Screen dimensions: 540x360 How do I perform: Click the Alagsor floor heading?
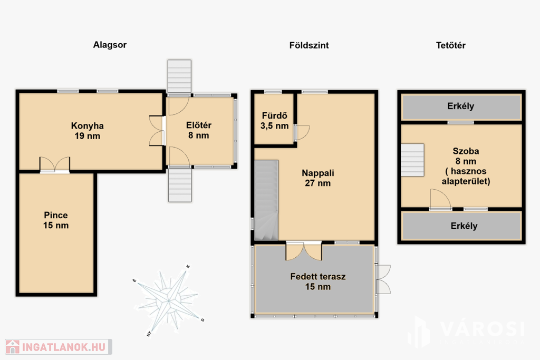[x=110, y=45]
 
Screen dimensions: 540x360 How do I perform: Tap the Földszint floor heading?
[x=309, y=45]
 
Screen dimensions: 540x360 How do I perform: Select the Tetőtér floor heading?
[x=451, y=45]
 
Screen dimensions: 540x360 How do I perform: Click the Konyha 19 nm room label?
[x=88, y=131]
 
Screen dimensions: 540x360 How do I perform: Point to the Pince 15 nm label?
[x=56, y=220]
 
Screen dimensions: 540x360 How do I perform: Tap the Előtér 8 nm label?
[x=199, y=130]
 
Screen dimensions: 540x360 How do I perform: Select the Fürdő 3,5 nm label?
[x=274, y=121]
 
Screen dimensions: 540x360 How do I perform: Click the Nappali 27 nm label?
[x=318, y=178]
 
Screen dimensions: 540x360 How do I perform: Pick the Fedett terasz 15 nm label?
[x=318, y=281]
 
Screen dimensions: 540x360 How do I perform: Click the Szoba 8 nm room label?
[x=466, y=166]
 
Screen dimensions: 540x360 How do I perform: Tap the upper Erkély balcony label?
[x=461, y=106]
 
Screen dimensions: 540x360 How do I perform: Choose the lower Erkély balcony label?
[x=464, y=226]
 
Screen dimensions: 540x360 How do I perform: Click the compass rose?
[x=169, y=300]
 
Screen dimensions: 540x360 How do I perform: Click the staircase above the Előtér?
[x=179, y=76]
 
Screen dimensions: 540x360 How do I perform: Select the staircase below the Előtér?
[x=180, y=185]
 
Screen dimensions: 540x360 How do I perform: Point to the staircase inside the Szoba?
[x=412, y=160]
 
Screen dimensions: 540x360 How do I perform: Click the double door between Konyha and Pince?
[x=55, y=164]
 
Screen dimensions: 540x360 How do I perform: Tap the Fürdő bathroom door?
[x=302, y=133]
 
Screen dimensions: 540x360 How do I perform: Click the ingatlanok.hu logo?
[x=59, y=347]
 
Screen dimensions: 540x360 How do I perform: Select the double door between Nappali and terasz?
[x=304, y=251]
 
